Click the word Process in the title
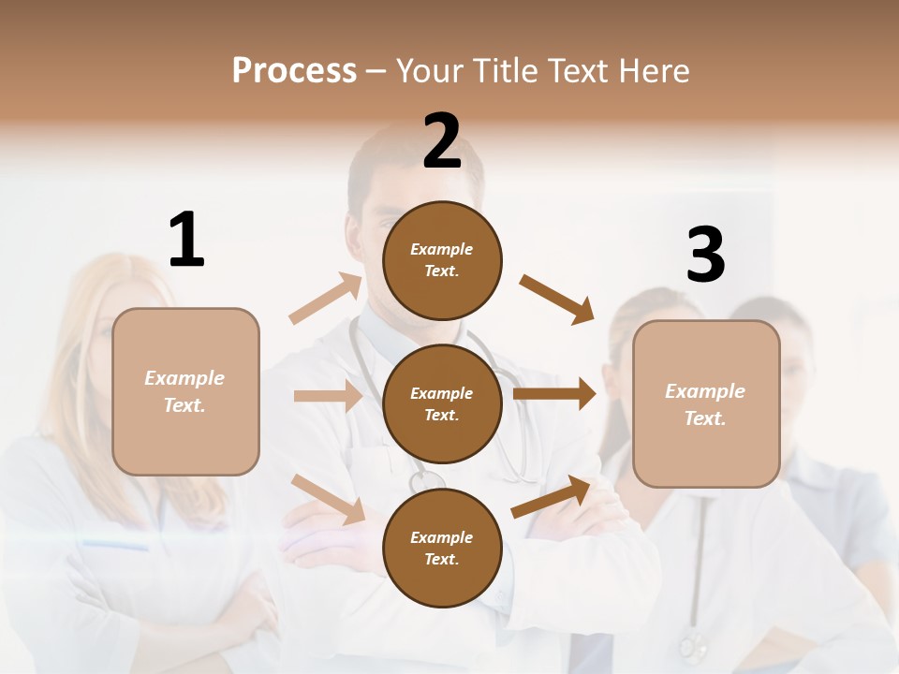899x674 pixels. [294, 71]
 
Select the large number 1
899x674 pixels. [186, 241]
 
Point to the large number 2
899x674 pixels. [442, 141]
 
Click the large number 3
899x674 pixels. [705, 256]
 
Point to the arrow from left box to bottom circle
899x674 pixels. [328, 499]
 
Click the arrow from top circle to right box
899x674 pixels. [556, 300]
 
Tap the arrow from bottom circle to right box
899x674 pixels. [551, 497]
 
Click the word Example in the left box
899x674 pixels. [184, 378]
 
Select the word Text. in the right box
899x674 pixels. [705, 418]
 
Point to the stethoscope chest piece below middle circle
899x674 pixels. [426, 480]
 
